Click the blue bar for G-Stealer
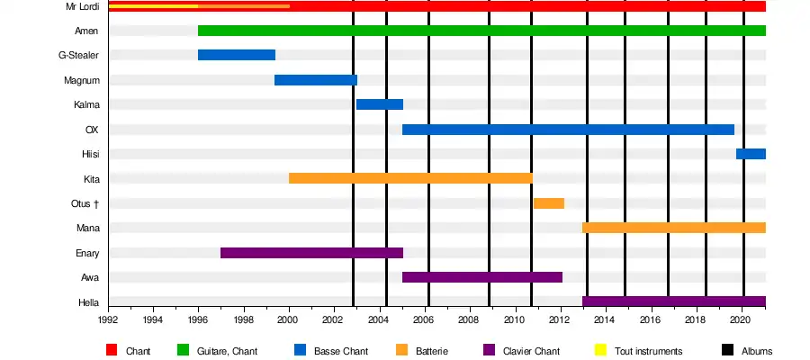coord(236,55)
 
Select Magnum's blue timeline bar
coord(316,80)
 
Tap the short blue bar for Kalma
coord(379,104)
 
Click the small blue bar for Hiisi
coord(751,154)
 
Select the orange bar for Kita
coord(410,178)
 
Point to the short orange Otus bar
coord(548,203)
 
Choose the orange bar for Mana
coord(673,228)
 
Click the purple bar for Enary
coord(311,253)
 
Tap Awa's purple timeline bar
coord(481,277)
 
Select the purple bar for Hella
coord(673,301)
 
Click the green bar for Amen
coord(481,31)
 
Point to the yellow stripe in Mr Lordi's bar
coord(153,6)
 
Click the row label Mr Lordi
coord(82,6)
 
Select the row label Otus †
coord(84,203)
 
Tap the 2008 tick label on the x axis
coord(469,319)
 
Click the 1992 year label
coord(108,319)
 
